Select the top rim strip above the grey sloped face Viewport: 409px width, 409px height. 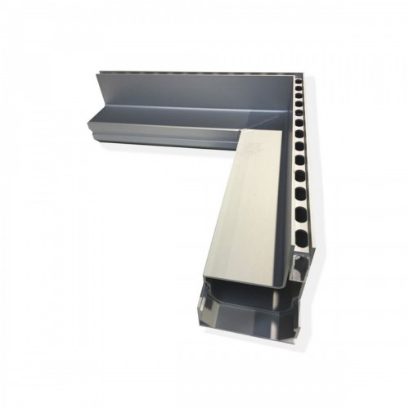tap(196, 74)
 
